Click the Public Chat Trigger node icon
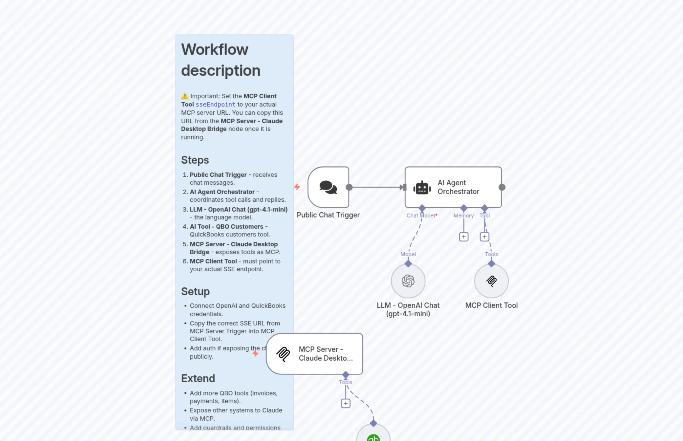click(x=328, y=187)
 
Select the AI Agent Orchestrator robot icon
click(x=422, y=188)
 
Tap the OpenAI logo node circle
click(x=408, y=281)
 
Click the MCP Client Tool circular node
click(x=491, y=281)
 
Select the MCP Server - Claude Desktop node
click(x=315, y=354)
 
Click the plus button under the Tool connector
click(x=485, y=237)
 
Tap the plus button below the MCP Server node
click(x=345, y=403)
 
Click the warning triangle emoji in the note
click(x=185, y=96)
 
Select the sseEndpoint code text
click(x=215, y=105)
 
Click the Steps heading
click(x=195, y=160)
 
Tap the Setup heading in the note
click(x=195, y=291)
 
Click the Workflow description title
click(x=220, y=60)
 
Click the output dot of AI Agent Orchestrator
click(x=502, y=187)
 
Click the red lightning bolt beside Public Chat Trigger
click(x=297, y=187)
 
